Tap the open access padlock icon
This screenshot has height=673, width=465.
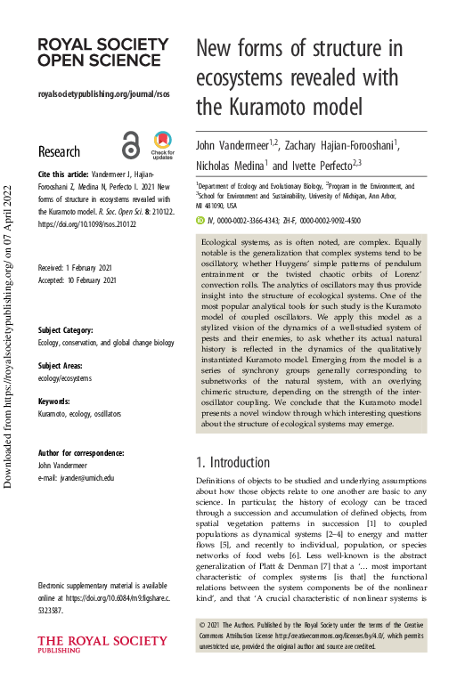tap(131, 145)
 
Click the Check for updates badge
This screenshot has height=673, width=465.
tap(162, 144)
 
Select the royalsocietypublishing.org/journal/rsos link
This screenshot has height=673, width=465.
tap(103, 94)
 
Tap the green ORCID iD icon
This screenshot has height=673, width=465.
tap(200, 220)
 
